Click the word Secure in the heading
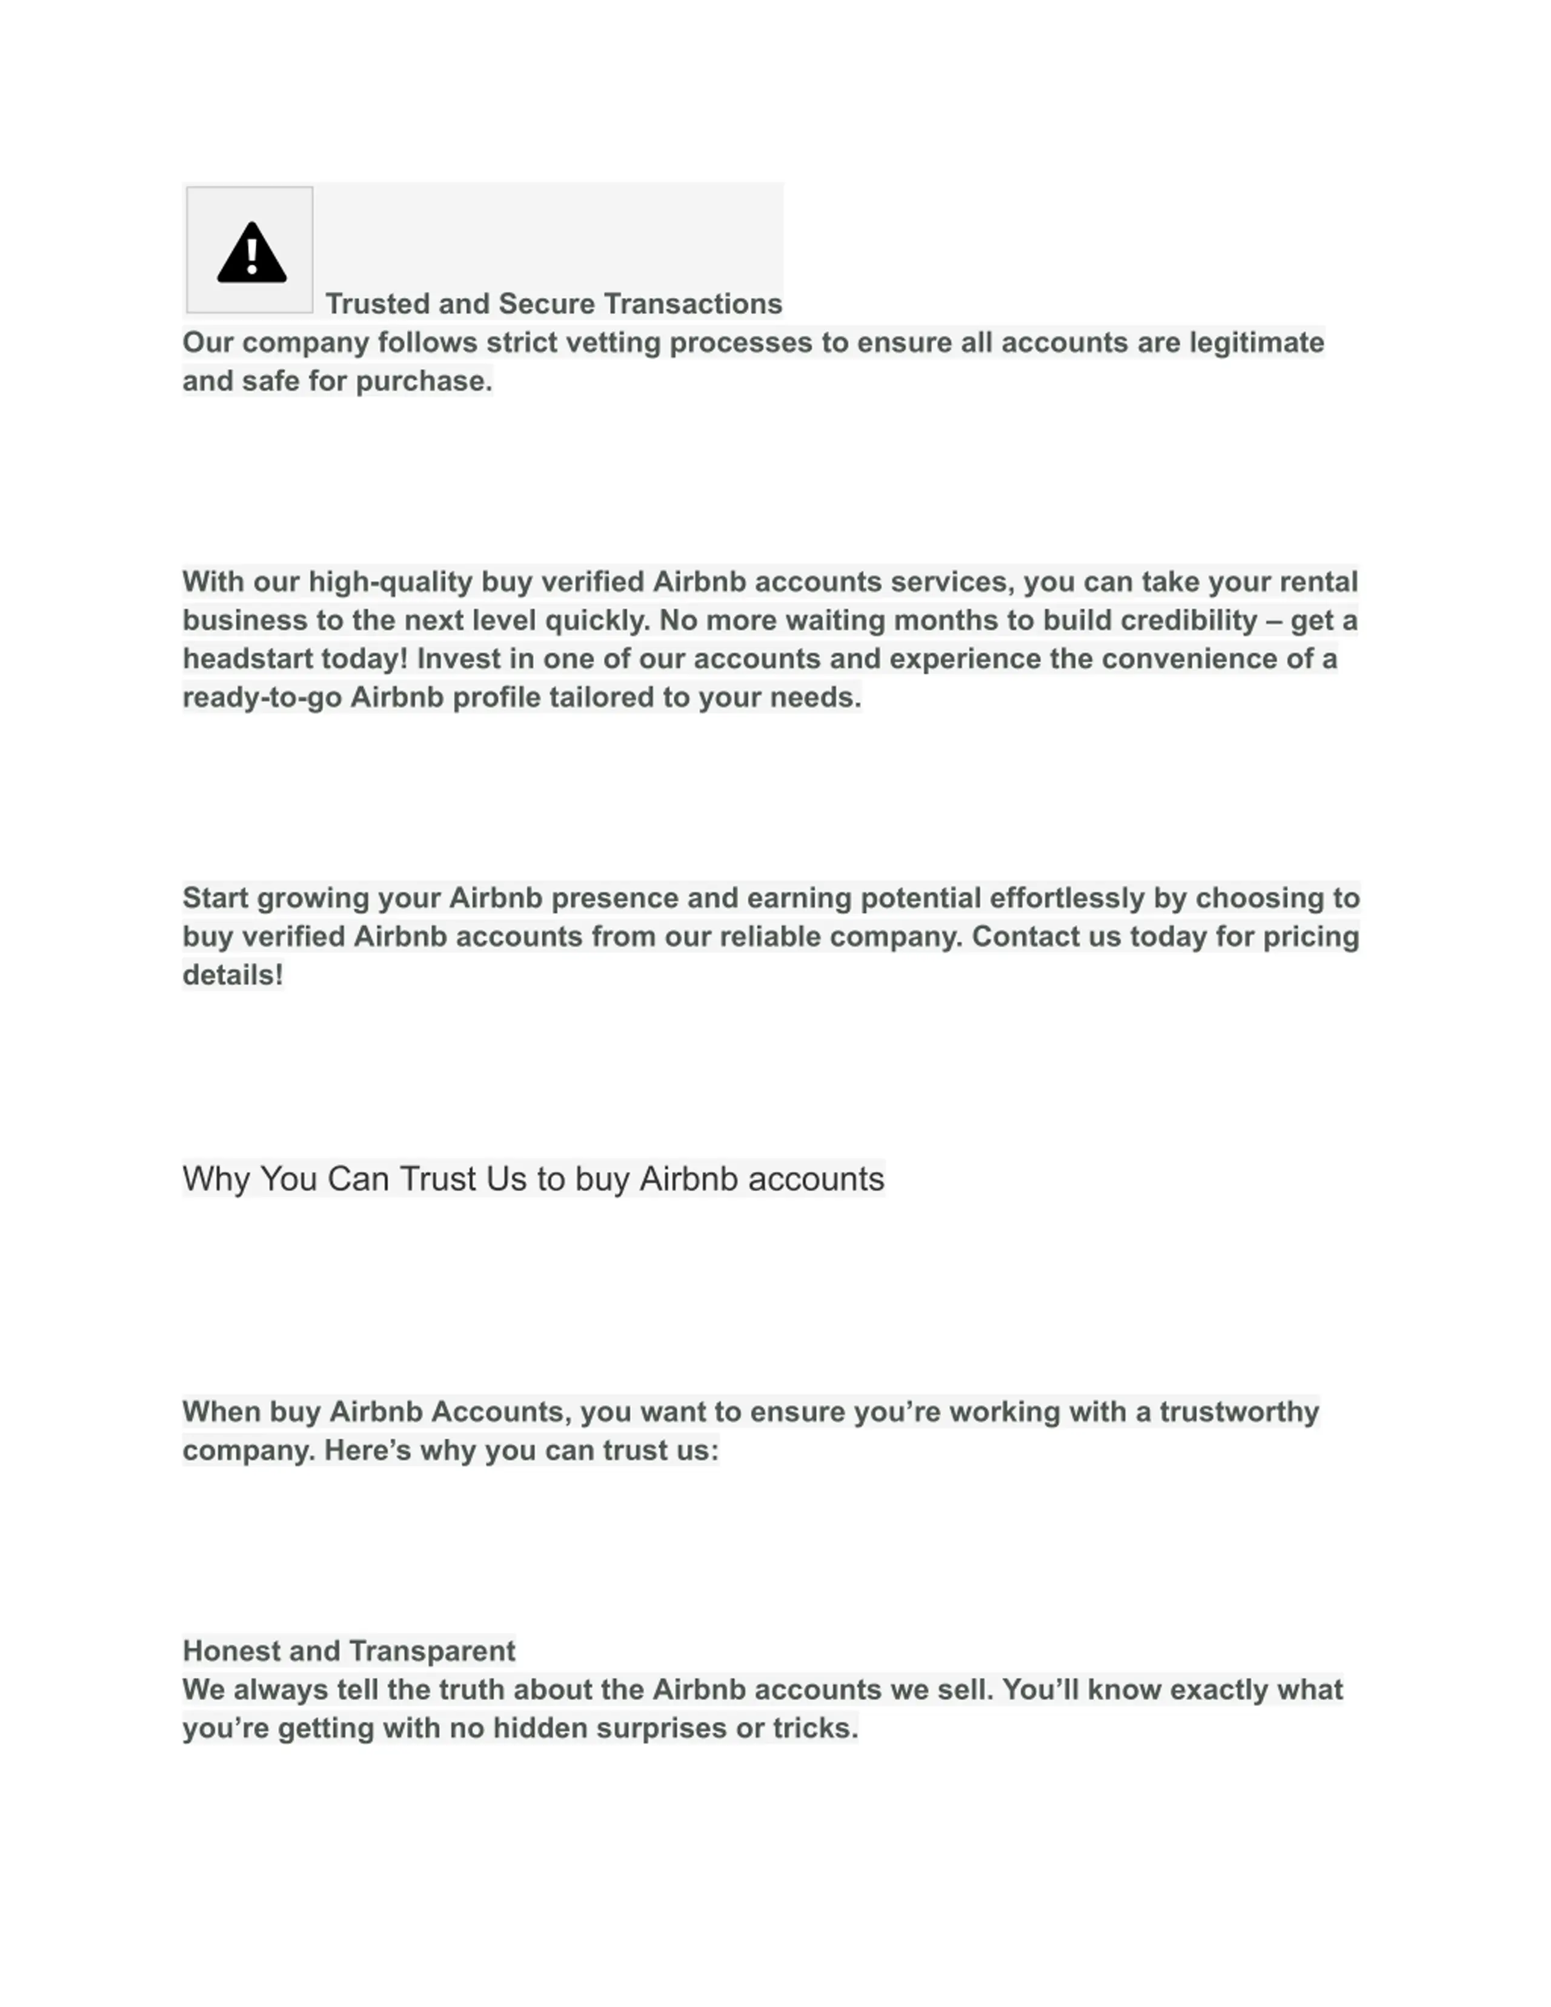546,304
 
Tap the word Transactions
693,304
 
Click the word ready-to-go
262,697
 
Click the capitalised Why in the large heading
216,1179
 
